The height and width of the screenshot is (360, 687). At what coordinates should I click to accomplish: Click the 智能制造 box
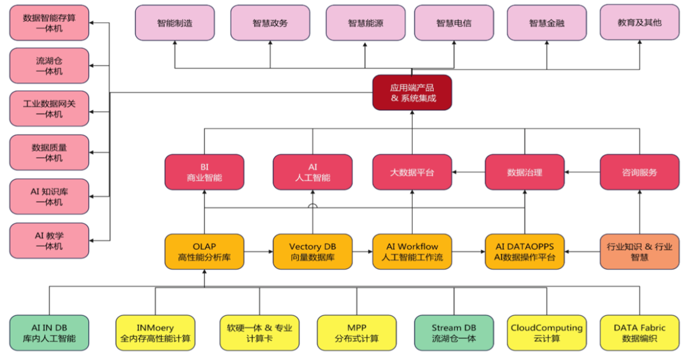click(x=175, y=23)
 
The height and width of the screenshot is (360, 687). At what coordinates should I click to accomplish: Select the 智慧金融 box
click(x=546, y=23)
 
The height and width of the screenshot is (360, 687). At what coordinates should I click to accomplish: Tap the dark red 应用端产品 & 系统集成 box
click(x=412, y=93)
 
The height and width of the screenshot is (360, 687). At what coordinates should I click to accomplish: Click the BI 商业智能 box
click(x=204, y=172)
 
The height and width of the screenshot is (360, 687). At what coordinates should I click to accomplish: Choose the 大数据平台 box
click(x=412, y=172)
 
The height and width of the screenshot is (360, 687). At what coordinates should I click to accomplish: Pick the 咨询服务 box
click(x=639, y=172)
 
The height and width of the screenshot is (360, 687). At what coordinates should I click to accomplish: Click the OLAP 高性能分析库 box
click(x=204, y=252)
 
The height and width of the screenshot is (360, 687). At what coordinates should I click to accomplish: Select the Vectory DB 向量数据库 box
click(x=312, y=252)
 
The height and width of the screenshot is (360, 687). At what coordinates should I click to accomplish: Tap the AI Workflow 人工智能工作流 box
click(x=412, y=252)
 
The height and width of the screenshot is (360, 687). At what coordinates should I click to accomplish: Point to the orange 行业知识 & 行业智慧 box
click(x=639, y=252)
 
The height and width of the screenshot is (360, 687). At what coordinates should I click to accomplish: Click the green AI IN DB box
click(x=49, y=333)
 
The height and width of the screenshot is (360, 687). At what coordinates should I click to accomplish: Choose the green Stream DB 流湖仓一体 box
click(x=454, y=333)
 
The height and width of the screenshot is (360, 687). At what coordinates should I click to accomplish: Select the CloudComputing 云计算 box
click(x=546, y=333)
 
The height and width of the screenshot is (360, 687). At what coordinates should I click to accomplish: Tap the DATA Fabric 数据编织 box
click(x=639, y=333)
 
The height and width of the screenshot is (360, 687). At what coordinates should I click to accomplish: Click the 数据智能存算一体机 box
click(x=49, y=23)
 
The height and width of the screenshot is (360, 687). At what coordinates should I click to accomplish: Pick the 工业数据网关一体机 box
click(x=49, y=108)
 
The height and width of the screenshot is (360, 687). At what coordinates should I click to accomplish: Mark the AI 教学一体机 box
click(x=49, y=240)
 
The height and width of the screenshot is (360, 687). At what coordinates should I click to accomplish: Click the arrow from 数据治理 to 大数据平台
click(x=468, y=172)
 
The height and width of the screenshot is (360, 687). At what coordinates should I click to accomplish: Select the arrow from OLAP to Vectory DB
click(x=258, y=252)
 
